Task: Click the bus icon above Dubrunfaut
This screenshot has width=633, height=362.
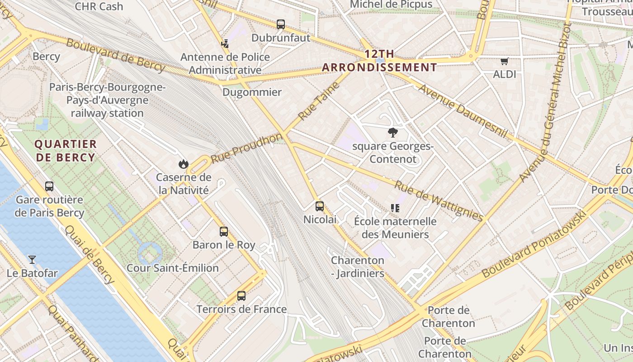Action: (281, 24)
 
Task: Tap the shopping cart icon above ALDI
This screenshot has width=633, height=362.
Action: (504, 61)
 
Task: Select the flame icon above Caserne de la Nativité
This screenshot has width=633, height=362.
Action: (183, 164)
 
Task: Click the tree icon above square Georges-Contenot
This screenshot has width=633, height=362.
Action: (392, 133)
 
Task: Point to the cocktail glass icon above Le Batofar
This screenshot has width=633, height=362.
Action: (32, 260)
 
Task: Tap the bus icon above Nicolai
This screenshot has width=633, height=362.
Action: (320, 206)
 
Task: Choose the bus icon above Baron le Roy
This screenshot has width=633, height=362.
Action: (224, 232)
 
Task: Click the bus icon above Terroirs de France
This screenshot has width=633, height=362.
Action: (241, 296)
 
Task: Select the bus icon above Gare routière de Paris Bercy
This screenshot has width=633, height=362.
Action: (49, 186)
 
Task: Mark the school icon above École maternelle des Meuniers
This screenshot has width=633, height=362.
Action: (395, 208)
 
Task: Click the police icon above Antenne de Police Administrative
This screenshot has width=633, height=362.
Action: (225, 44)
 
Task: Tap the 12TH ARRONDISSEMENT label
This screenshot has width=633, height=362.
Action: (379, 61)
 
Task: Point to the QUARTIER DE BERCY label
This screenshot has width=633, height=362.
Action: (66, 151)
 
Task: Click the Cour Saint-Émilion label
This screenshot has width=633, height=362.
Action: (173, 268)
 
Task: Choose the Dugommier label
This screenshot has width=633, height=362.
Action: (252, 92)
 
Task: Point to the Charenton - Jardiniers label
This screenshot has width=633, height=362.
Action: (357, 267)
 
